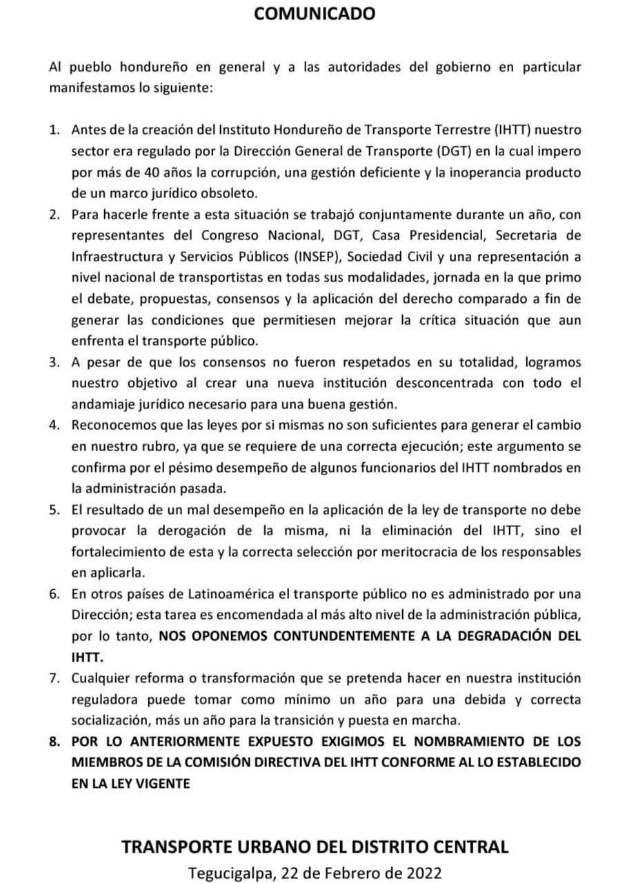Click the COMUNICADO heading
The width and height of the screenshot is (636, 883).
click(315, 13)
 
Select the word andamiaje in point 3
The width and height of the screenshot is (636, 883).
click(99, 405)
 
